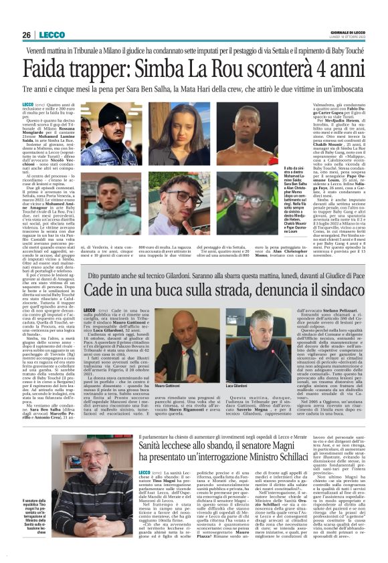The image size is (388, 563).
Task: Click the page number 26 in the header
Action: pos(27,35)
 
